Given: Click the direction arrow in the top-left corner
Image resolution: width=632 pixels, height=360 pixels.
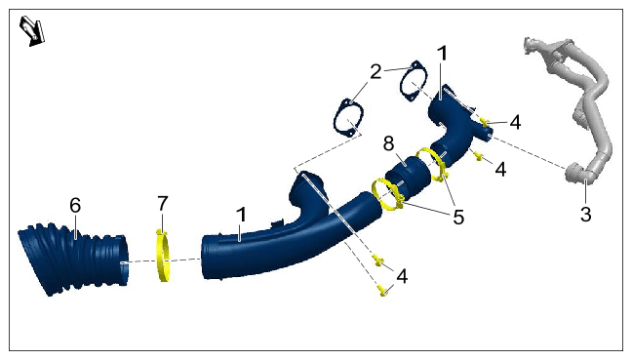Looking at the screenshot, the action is coord(32,30).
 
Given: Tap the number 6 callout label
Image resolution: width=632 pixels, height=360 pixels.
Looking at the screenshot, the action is coord(75,206).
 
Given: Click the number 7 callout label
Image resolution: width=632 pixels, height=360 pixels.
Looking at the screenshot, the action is coord(163,204).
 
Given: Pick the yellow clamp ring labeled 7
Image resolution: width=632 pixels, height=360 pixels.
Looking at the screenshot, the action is coord(163,257).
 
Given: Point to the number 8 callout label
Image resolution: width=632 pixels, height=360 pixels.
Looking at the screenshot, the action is coord(388,143).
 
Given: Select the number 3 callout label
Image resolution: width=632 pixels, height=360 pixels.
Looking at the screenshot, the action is coord(585,214).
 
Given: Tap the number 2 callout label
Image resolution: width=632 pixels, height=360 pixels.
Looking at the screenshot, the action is coord(375,72).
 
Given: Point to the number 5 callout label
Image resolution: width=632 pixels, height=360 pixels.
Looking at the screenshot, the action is coord(458,217).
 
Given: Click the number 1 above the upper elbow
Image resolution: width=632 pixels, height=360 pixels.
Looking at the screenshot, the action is coord(442,54).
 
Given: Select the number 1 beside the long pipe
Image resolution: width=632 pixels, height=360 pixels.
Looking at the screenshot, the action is coord(241,215).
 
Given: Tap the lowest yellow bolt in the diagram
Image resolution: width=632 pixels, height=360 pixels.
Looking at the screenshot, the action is coord(383,291).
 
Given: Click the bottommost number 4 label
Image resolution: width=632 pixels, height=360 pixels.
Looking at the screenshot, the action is coord(402,276).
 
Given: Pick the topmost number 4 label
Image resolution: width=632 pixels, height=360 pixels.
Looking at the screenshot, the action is coord(515,123).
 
